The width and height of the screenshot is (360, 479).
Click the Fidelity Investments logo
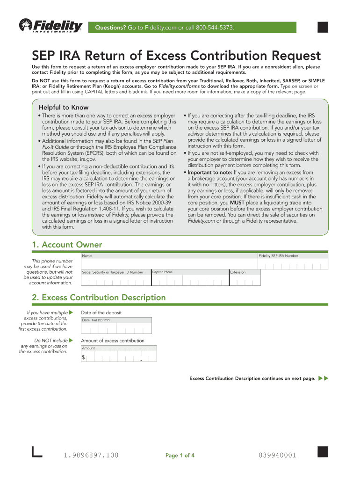[x=50, y=26]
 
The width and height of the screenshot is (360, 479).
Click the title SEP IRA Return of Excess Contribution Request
[x=176, y=56]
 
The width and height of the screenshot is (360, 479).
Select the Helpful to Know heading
[x=64, y=107]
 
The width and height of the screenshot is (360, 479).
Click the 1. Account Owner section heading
[x=67, y=245]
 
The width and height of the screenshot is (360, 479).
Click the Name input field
[x=169, y=262]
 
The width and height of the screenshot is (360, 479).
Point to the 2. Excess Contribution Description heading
[x=99, y=298]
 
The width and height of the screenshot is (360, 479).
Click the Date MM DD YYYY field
[x=116, y=327]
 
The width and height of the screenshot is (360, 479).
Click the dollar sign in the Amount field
[x=84, y=357]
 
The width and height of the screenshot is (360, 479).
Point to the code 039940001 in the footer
[x=277, y=455]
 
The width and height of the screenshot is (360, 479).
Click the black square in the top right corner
[x=323, y=27]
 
